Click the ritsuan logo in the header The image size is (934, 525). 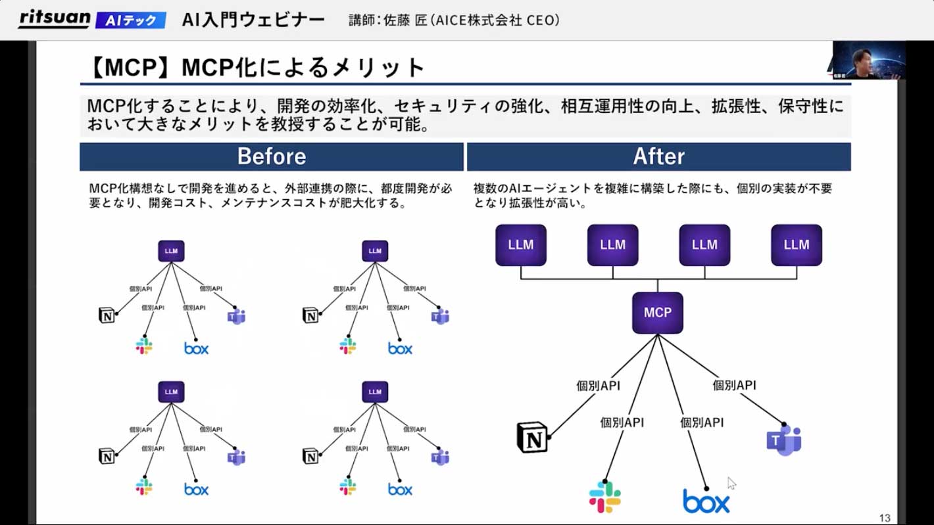click(54, 18)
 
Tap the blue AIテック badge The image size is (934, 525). click(131, 20)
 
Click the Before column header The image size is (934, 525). click(272, 156)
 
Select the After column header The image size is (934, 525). click(658, 156)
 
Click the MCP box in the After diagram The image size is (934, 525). click(658, 313)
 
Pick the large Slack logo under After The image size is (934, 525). click(605, 497)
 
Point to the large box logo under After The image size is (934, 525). click(706, 502)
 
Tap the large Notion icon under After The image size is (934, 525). click(533, 438)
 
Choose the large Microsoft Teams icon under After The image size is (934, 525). click(784, 440)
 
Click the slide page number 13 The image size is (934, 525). click(884, 518)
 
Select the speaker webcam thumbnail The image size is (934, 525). click(868, 60)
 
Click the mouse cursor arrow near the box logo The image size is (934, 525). click(731, 484)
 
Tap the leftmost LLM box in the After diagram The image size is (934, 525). click(521, 245)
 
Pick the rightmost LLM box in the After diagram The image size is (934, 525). click(797, 245)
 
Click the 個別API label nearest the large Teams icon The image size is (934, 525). click(735, 386)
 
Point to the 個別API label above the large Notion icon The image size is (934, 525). click(598, 386)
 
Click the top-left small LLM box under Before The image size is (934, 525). click(171, 251)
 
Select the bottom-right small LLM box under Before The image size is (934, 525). click(375, 392)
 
